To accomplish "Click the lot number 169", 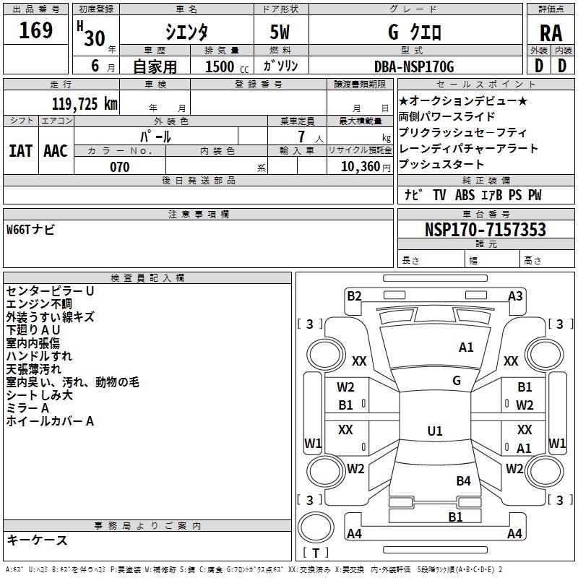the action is [36, 31].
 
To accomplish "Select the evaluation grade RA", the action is [551, 33].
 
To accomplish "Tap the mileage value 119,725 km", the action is [85, 104].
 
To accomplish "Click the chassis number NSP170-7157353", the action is [485, 230].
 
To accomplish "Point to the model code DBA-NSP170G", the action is [414, 66].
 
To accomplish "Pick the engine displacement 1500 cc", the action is [220, 66].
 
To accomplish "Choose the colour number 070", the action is [120, 167].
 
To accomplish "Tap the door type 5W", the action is [281, 33].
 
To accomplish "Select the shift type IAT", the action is [20, 150].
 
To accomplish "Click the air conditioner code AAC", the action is [56, 150].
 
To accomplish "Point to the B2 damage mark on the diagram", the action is [354, 296].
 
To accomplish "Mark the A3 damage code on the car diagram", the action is [515, 296].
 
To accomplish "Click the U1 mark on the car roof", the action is [435, 431].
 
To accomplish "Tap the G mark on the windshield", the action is [457, 380].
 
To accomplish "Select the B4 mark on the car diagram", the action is [463, 480].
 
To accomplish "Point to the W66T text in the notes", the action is [20, 230].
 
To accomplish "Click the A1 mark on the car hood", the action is [466, 348].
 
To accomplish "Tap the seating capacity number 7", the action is [301, 137].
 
